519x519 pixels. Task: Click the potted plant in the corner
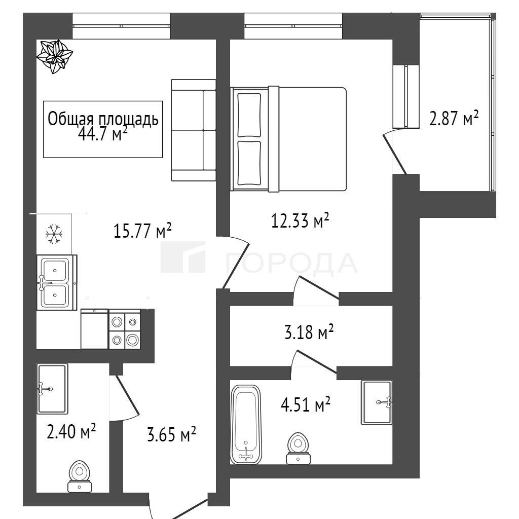tap(54, 56)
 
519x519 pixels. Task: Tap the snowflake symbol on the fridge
tap(54, 234)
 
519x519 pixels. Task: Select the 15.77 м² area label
tap(142, 231)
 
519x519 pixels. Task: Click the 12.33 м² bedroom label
tap(300, 220)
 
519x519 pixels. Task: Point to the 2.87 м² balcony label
tap(454, 118)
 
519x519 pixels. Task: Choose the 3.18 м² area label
tap(309, 332)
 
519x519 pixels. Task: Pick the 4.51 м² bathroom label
tap(306, 404)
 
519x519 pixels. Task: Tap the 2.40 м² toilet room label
tap(71, 431)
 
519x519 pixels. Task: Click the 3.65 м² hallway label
tap(171, 434)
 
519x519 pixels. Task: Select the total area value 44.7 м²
tap(103, 134)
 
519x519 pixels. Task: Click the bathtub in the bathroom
tap(246, 425)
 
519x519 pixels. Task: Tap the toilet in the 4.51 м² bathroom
tap(298, 448)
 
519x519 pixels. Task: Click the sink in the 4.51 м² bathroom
tap(377, 402)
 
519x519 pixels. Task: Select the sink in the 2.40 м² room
tap(52, 389)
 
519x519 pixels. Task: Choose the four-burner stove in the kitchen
tap(125, 329)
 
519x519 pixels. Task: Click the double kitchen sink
tap(57, 282)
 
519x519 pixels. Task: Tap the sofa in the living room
tap(194, 130)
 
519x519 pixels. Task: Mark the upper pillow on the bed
tap(249, 115)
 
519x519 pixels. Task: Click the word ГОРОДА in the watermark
tap(291, 263)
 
